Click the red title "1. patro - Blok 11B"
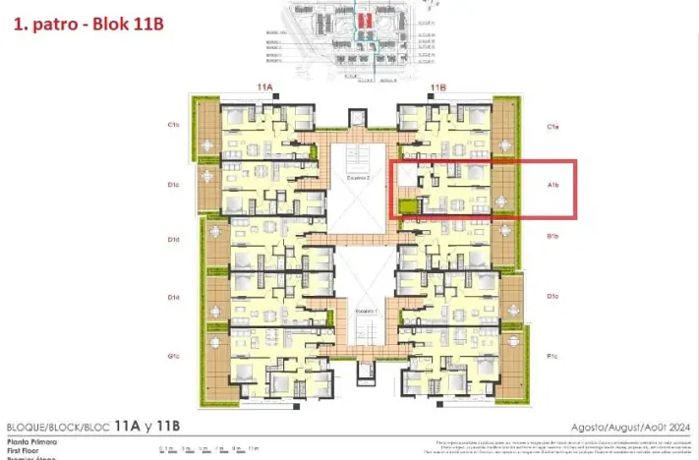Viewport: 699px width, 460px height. tap(87, 23)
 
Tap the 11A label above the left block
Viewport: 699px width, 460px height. tap(263, 87)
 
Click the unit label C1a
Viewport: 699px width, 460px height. tap(553, 126)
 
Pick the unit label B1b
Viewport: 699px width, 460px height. tap(553, 236)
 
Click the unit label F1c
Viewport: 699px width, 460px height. tap(553, 356)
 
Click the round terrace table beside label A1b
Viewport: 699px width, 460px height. tap(503, 201)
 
